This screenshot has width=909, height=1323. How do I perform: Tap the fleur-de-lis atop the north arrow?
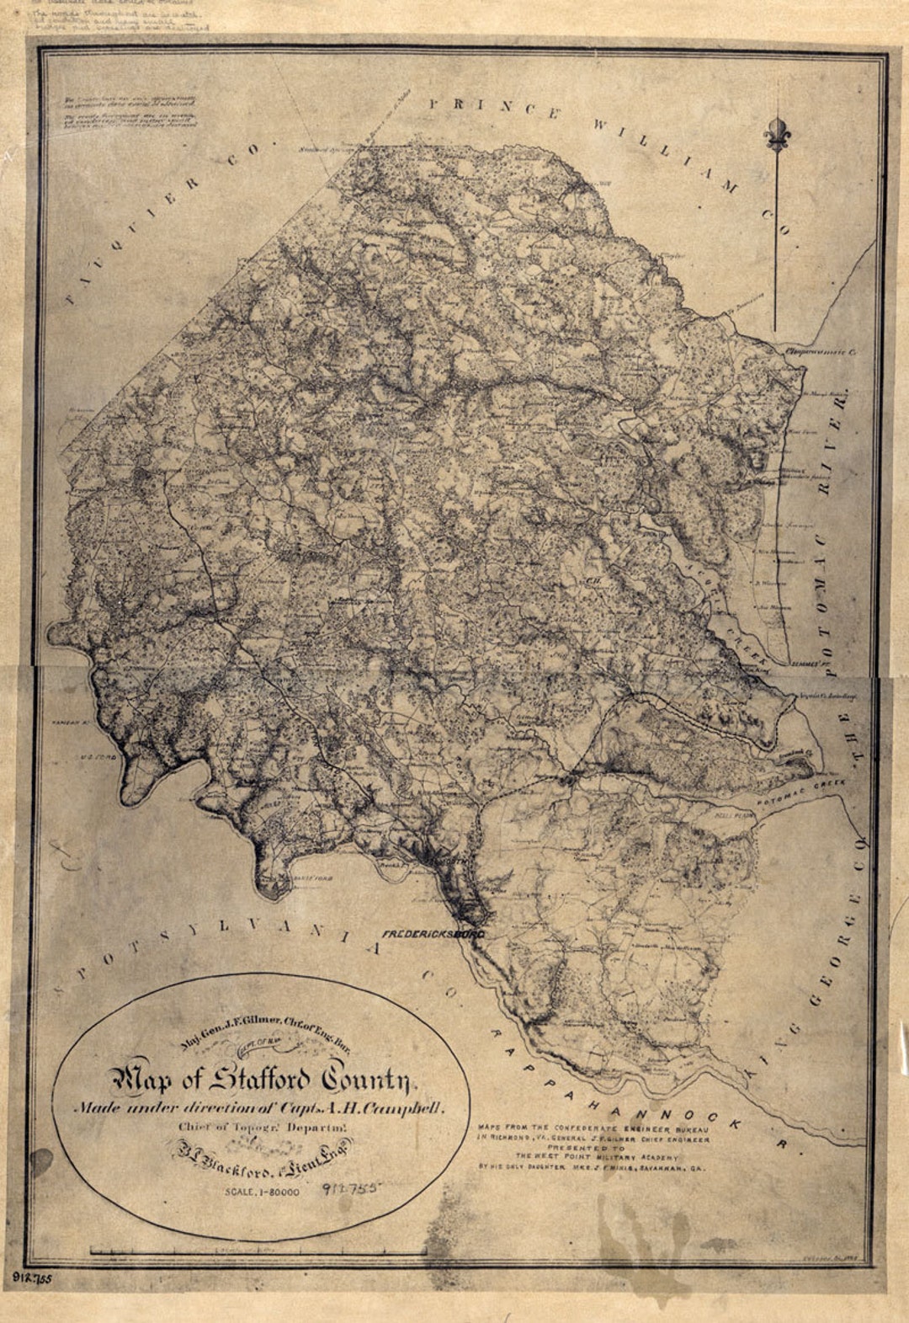[x=775, y=134]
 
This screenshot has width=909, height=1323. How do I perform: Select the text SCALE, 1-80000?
[x=262, y=1192]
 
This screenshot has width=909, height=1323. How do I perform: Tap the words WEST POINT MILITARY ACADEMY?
[x=593, y=1156]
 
